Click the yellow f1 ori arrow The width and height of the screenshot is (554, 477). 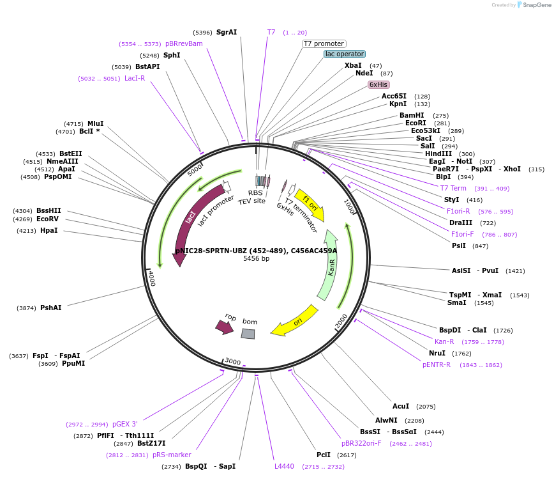(310, 206)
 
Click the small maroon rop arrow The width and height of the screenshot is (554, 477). (225, 327)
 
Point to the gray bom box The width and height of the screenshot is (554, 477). (248, 334)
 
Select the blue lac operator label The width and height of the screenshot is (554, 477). (345, 54)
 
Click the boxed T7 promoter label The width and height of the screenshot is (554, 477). (324, 43)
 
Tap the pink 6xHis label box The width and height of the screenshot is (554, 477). (378, 84)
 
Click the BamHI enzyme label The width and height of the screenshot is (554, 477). (412, 115)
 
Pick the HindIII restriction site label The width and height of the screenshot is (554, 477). (438, 153)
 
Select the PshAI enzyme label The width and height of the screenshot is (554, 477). (51, 308)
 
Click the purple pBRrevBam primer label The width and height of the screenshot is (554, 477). (184, 43)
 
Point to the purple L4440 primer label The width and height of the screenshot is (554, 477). (284, 466)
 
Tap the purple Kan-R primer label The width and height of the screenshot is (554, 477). (444, 341)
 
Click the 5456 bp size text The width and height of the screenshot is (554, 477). (256, 259)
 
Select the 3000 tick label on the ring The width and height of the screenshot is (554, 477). (233, 361)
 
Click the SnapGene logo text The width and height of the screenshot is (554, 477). (537, 5)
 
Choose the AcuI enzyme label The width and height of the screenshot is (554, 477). (401, 406)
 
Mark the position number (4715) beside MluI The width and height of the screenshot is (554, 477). (73, 124)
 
